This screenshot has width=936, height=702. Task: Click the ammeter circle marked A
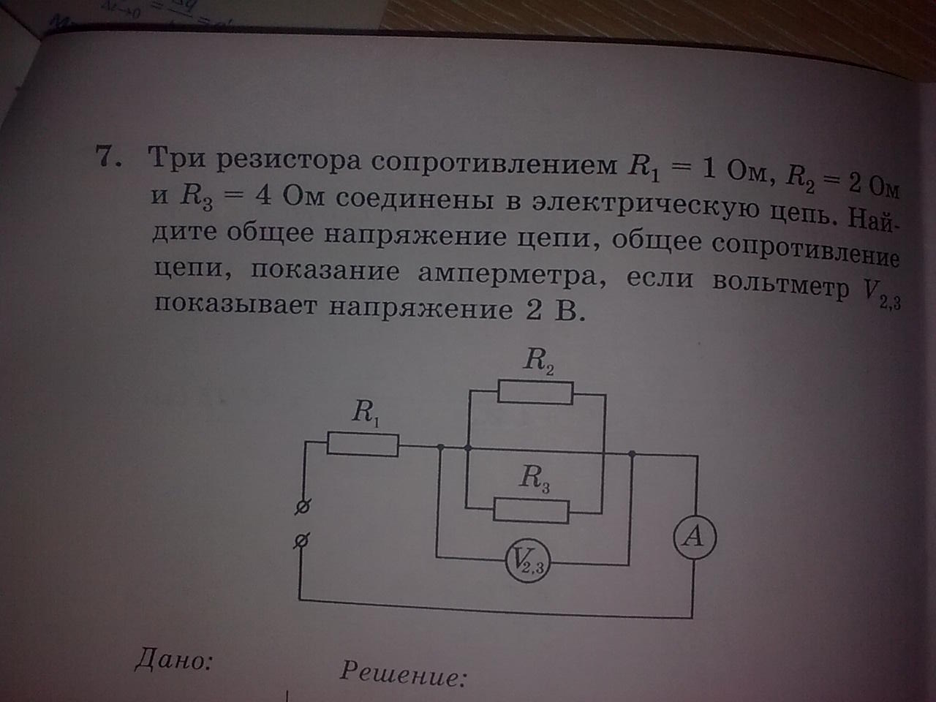tap(693, 538)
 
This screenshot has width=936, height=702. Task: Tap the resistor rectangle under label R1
tap(363, 444)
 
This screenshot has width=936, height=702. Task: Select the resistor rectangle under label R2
tap(535, 392)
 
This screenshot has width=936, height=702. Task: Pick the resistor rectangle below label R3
tap(532, 510)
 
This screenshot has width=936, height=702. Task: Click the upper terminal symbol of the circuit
tap(301, 506)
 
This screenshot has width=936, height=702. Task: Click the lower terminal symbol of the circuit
tap(301, 541)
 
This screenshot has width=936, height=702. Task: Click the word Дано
tap(173, 660)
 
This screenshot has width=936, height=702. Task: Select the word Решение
tap(402, 672)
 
